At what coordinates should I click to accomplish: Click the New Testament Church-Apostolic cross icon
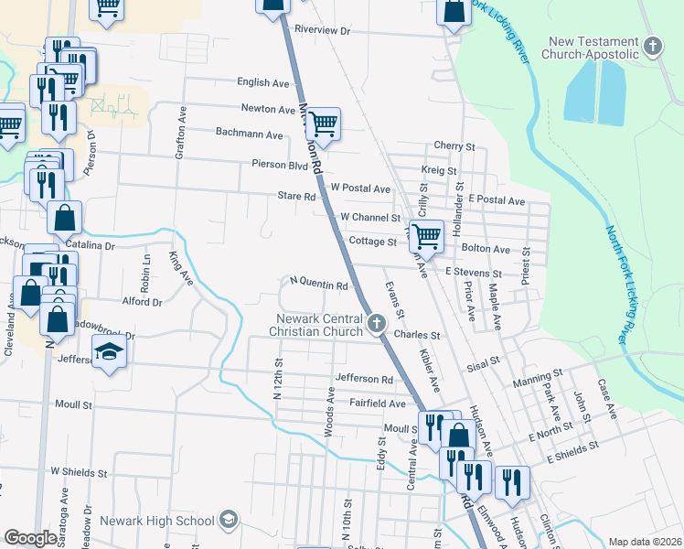tap(652, 46)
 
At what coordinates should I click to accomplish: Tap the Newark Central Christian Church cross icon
tap(376, 323)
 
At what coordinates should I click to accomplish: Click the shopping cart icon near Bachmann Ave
tap(323, 123)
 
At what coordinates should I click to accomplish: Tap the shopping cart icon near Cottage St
tap(426, 235)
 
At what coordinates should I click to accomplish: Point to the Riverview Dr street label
tap(322, 30)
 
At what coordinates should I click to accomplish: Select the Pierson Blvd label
tap(281, 165)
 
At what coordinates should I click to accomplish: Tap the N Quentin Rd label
tap(318, 285)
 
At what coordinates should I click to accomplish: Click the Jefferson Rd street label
tap(363, 378)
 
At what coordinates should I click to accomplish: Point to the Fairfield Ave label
tap(376, 403)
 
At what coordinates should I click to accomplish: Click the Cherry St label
tap(454, 145)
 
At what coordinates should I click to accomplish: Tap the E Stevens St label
tap(474, 273)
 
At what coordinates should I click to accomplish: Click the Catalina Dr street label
tap(91, 246)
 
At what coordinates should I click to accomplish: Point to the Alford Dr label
tap(142, 301)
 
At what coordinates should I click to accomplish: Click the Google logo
tap(30, 538)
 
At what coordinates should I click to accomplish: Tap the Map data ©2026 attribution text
tap(645, 542)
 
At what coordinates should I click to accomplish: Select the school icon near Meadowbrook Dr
tap(109, 353)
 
